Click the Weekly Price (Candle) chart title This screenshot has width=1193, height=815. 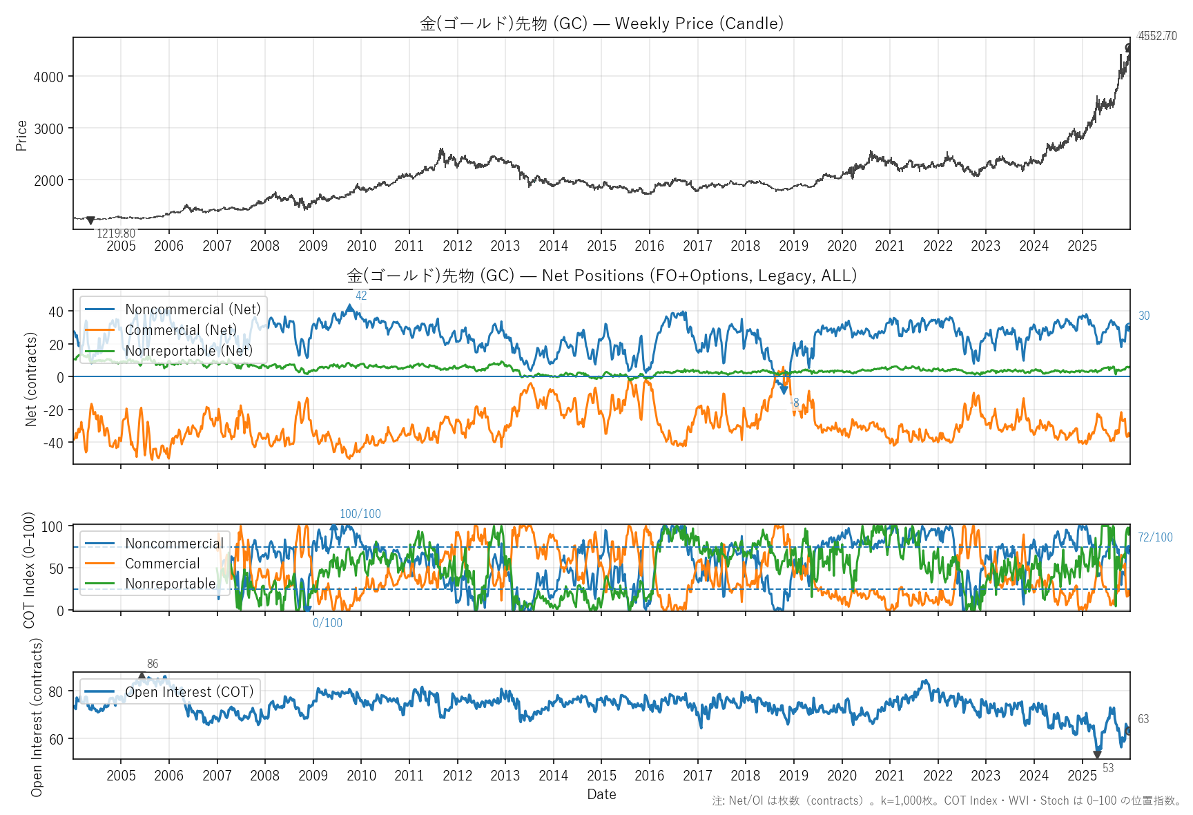point(601,23)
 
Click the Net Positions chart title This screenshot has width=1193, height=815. point(601,276)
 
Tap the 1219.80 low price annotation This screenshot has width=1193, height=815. point(116,233)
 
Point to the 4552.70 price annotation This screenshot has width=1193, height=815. point(1157,36)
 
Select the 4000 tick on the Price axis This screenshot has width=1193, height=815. point(48,77)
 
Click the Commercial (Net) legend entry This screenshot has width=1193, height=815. point(180,330)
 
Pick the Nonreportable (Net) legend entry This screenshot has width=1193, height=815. point(188,351)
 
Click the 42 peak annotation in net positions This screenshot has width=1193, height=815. point(361,296)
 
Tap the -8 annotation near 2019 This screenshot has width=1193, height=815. point(795,403)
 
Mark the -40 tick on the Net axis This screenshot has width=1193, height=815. point(53,443)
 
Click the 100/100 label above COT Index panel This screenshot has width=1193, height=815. point(360,514)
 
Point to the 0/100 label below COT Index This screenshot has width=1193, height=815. point(327,623)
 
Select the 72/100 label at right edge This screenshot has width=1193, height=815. point(1155,537)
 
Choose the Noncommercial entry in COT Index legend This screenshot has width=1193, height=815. point(174,544)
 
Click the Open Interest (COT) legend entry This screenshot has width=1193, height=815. point(188,692)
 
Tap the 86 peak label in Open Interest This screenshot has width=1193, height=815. point(153,664)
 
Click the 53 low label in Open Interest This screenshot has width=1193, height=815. point(1108,768)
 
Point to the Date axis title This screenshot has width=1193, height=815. point(601,794)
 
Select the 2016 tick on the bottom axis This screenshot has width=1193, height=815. point(649,776)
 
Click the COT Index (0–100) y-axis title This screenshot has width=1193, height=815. point(29,570)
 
